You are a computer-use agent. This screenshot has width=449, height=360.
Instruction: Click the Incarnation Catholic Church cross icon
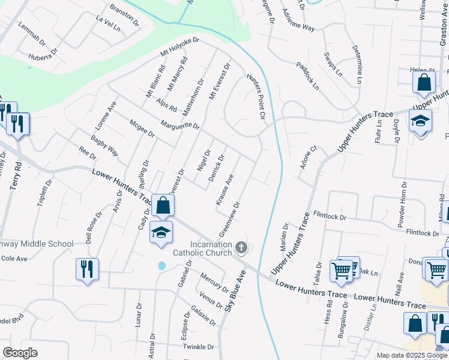click(241, 247)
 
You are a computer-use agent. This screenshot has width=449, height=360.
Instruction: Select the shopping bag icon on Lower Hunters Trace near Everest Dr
click(163, 206)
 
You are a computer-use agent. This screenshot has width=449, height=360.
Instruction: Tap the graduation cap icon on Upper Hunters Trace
click(420, 120)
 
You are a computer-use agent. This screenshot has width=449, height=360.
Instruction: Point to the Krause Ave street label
click(224, 191)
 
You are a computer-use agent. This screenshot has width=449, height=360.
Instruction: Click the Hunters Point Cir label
click(255, 97)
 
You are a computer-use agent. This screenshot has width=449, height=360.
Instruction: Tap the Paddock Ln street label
click(307, 75)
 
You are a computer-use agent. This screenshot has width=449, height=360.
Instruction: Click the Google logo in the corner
click(20, 353)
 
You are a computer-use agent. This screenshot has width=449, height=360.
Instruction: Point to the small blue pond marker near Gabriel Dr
click(161, 265)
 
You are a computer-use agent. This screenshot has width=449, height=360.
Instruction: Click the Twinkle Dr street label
click(199, 347)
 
